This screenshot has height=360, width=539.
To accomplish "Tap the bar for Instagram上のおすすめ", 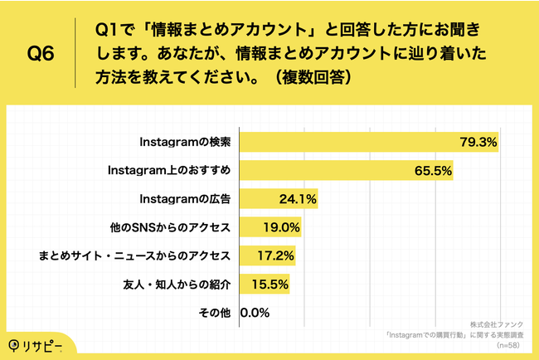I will coord(323,171).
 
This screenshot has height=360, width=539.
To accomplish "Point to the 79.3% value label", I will coord(478,143).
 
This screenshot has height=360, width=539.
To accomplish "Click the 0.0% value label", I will coord(255,313).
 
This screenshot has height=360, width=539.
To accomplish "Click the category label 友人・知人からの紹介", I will coord(175,285).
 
